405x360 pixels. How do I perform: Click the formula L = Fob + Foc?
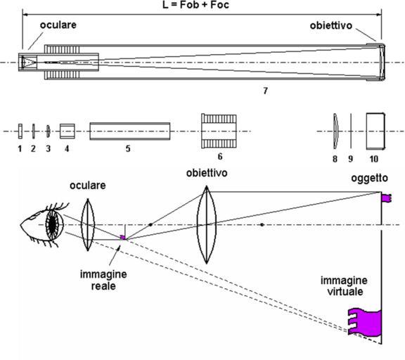coord(195,5)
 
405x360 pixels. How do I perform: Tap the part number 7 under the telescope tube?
coord(265,91)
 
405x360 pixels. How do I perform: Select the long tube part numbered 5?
coord(130,131)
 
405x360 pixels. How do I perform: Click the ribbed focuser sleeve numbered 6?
coord(219,131)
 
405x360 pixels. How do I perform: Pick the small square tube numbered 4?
coord(67,131)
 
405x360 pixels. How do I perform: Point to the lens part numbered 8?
coord(335,131)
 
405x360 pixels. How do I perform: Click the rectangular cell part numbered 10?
coord(375,131)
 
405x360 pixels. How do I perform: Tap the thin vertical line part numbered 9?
coord(351,131)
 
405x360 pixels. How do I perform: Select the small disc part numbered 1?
coord(20,131)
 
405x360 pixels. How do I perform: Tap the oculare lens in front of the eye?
coord(88,225)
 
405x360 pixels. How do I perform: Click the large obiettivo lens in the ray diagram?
coord(207,225)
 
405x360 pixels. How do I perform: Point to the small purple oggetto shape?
coord(387,198)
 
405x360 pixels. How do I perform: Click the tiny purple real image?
coord(123,238)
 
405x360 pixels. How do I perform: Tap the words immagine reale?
coord(103,280)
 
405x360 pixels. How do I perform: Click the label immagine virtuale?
coord(344,286)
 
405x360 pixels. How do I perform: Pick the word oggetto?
coord(369,178)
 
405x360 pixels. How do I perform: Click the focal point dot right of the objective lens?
coord(262,225)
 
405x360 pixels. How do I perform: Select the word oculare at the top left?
coord(58,25)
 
